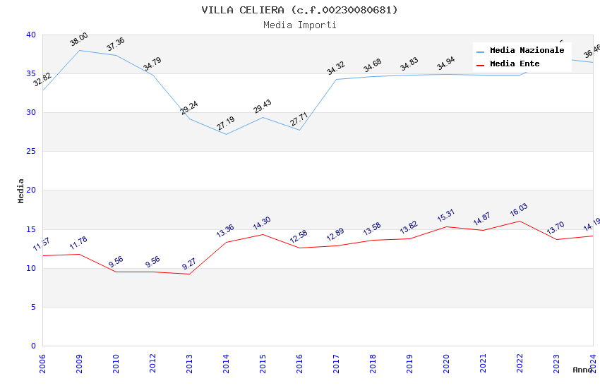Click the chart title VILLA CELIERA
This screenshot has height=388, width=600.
pos(299,10)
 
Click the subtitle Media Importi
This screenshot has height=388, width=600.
pos(299,25)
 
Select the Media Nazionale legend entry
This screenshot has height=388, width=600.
pos(527,51)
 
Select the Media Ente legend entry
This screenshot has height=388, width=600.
pos(515,64)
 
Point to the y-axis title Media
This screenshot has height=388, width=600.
pos(21,190)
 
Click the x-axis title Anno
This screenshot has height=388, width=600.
pos(582,370)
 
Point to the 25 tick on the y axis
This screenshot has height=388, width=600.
pos(31,151)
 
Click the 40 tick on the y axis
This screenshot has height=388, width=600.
pos(31,35)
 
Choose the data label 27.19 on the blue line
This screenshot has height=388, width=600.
pos(225,124)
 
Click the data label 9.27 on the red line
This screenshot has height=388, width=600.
pos(189,265)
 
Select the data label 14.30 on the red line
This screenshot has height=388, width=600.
pos(262,224)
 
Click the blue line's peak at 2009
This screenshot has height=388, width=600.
pos(79,50)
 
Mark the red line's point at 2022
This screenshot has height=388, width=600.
pos(520,221)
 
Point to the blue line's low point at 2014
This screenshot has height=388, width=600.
pos(226,134)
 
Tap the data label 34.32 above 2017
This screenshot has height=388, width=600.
pos(335,68)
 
